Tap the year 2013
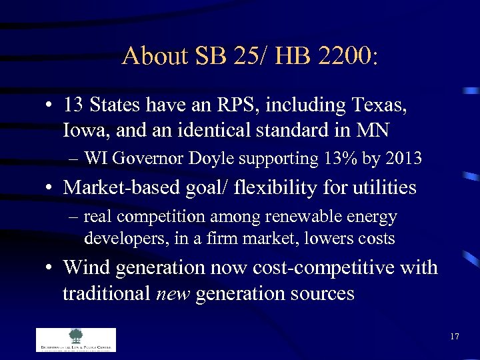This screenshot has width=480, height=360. click(x=403, y=159)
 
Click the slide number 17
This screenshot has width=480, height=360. click(x=454, y=336)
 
